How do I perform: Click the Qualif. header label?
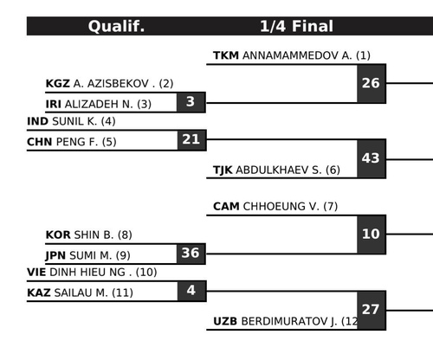116,26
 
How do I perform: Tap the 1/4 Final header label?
296,26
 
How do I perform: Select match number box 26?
372,83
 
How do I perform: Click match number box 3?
191,102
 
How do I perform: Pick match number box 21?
191,140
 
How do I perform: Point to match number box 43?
372,158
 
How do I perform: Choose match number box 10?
372,235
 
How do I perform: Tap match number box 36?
191,254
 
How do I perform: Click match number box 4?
191,291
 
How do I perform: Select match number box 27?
372,310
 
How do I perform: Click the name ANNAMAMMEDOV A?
297,55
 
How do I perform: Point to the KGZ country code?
57,84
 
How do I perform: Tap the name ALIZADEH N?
99,104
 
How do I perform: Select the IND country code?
37,121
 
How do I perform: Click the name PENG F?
77,142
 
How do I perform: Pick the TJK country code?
223,170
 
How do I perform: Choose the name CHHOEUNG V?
281,207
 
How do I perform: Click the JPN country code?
55,255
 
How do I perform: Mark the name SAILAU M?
81,292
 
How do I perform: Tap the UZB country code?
225,321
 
